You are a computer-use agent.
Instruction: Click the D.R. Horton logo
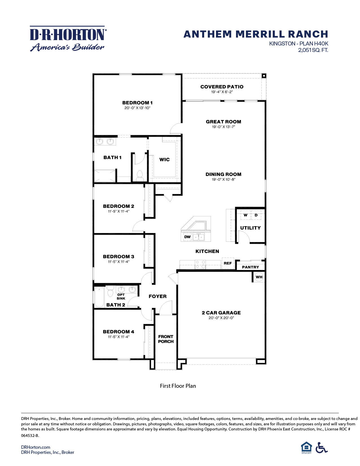click(68, 39)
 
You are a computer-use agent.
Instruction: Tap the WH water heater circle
click(259, 277)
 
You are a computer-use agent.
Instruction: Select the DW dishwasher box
click(187, 237)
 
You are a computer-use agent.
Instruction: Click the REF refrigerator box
click(228, 263)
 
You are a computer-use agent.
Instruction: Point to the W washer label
click(245, 215)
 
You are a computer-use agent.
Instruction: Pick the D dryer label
click(256, 215)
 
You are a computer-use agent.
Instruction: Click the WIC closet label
click(164, 160)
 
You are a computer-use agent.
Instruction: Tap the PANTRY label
click(250, 267)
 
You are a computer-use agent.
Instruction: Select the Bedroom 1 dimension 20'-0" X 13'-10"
click(138, 108)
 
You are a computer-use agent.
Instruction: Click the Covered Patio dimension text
click(222, 92)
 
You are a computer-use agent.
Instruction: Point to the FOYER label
click(158, 296)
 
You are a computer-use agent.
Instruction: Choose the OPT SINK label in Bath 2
click(121, 297)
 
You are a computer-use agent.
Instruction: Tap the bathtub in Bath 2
click(99, 297)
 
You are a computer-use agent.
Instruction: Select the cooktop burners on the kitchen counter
click(200, 264)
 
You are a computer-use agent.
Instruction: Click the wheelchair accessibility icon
click(321, 447)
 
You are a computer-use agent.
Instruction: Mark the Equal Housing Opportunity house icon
click(306, 447)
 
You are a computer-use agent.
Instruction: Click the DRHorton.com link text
click(36, 447)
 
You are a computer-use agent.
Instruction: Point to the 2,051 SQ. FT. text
click(313, 50)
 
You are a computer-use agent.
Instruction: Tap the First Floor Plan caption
click(178, 386)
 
